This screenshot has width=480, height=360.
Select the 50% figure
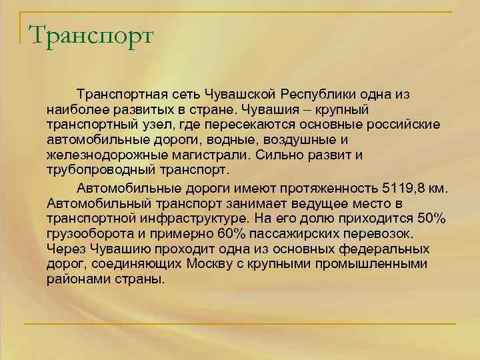pos(423,217)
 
